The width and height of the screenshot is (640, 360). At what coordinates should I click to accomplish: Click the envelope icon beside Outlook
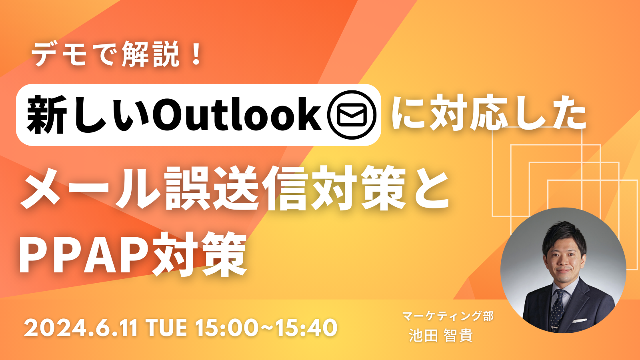click(352, 115)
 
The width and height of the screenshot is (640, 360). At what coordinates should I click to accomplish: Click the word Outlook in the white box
click(237, 115)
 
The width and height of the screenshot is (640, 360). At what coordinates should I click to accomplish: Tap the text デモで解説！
click(116, 55)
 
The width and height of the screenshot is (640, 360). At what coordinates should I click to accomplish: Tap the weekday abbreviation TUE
click(166, 328)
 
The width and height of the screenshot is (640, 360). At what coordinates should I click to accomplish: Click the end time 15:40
click(306, 328)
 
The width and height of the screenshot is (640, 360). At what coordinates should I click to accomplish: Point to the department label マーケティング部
click(448, 316)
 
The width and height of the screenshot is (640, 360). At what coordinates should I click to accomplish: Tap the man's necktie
click(556, 308)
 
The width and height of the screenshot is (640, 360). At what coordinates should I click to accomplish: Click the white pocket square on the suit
click(579, 320)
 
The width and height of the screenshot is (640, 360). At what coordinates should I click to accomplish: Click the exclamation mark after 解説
click(196, 55)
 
